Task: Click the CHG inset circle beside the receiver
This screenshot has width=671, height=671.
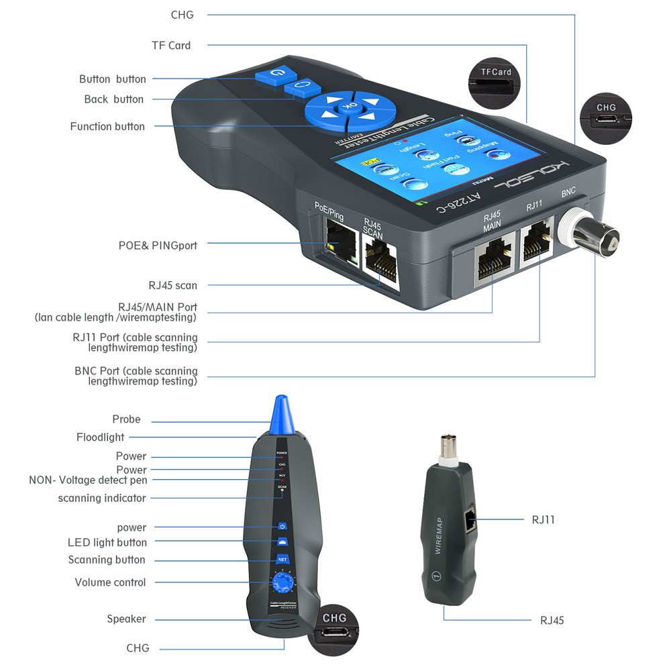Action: click(334, 629)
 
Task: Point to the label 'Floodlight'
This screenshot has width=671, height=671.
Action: click(100, 437)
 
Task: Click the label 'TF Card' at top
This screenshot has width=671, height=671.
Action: click(170, 46)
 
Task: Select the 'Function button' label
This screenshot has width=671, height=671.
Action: click(107, 126)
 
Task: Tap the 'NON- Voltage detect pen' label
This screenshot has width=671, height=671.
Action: click(88, 480)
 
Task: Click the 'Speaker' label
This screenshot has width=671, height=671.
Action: click(126, 619)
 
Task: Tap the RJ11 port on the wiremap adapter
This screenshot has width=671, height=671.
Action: click(471, 520)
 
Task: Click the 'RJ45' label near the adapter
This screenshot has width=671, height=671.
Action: click(552, 620)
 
